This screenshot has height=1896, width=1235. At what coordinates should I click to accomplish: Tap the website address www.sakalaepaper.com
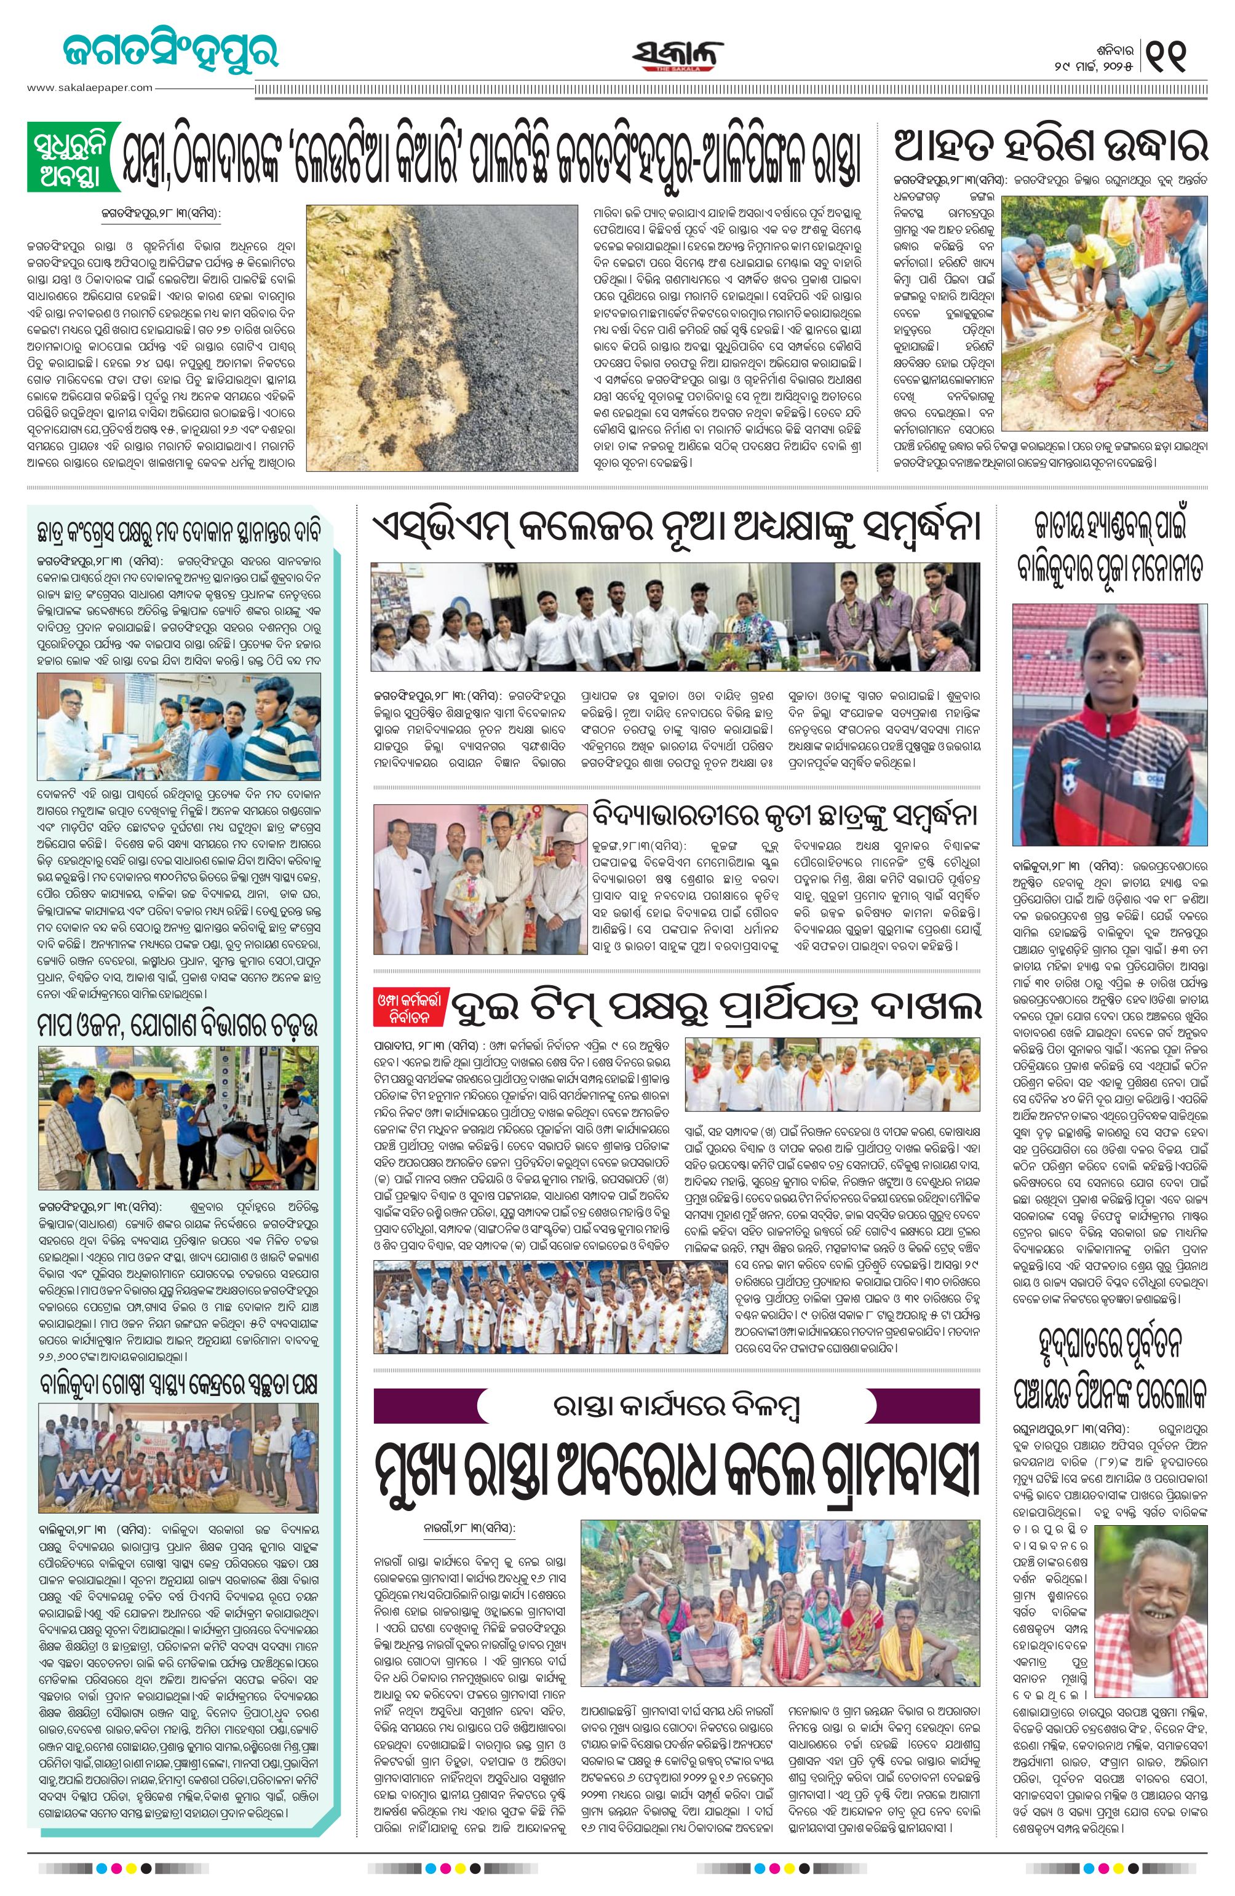coord(89,87)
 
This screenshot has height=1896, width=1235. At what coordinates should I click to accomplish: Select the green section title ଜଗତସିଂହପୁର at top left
coord(170,52)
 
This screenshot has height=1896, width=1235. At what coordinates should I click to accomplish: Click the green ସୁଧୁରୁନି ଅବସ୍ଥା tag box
coord(73,156)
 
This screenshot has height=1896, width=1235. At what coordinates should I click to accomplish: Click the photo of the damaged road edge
coord(442,338)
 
